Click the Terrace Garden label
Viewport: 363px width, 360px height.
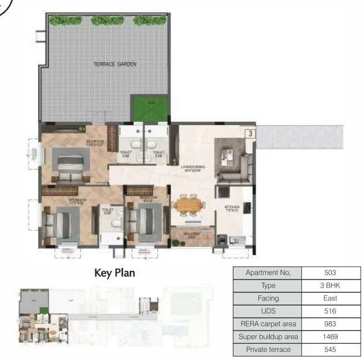click(x=114, y=64)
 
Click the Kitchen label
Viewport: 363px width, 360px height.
click(x=232, y=209)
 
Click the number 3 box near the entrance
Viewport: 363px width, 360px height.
click(x=250, y=133)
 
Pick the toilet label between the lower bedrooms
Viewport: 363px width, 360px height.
click(x=108, y=211)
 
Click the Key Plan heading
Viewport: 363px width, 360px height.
click(x=114, y=273)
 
